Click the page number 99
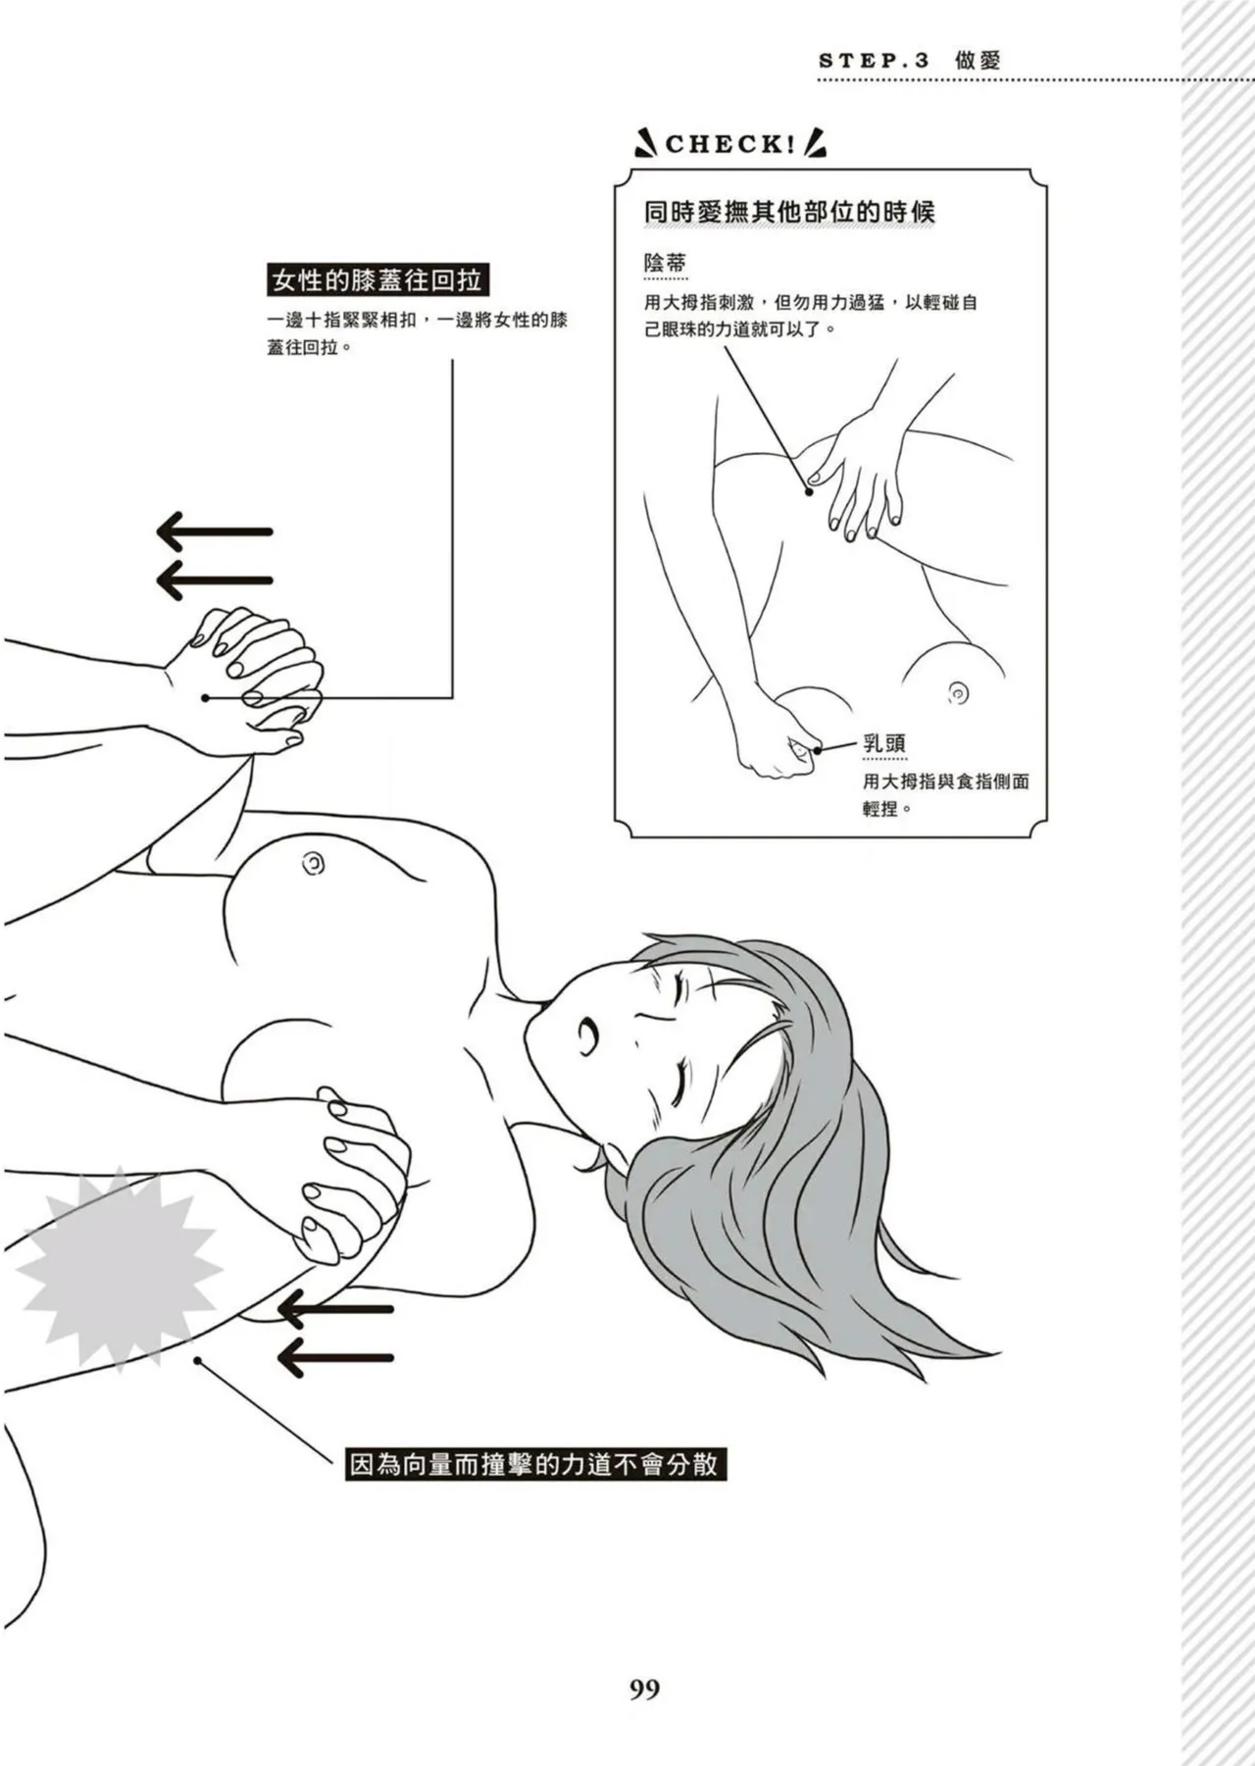point(644,1689)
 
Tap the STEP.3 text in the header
point(874,61)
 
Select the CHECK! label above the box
point(730,145)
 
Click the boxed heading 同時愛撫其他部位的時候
point(789,212)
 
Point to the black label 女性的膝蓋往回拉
point(377,281)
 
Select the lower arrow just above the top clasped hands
point(215,580)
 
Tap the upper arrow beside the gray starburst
point(335,1308)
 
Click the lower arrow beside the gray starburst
point(335,1358)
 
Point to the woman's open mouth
point(588,1033)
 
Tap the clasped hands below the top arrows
point(255,677)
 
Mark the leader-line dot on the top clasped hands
point(206,698)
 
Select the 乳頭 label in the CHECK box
point(883,742)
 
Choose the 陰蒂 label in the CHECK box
point(665,263)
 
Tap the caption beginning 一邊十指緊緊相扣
point(417,333)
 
